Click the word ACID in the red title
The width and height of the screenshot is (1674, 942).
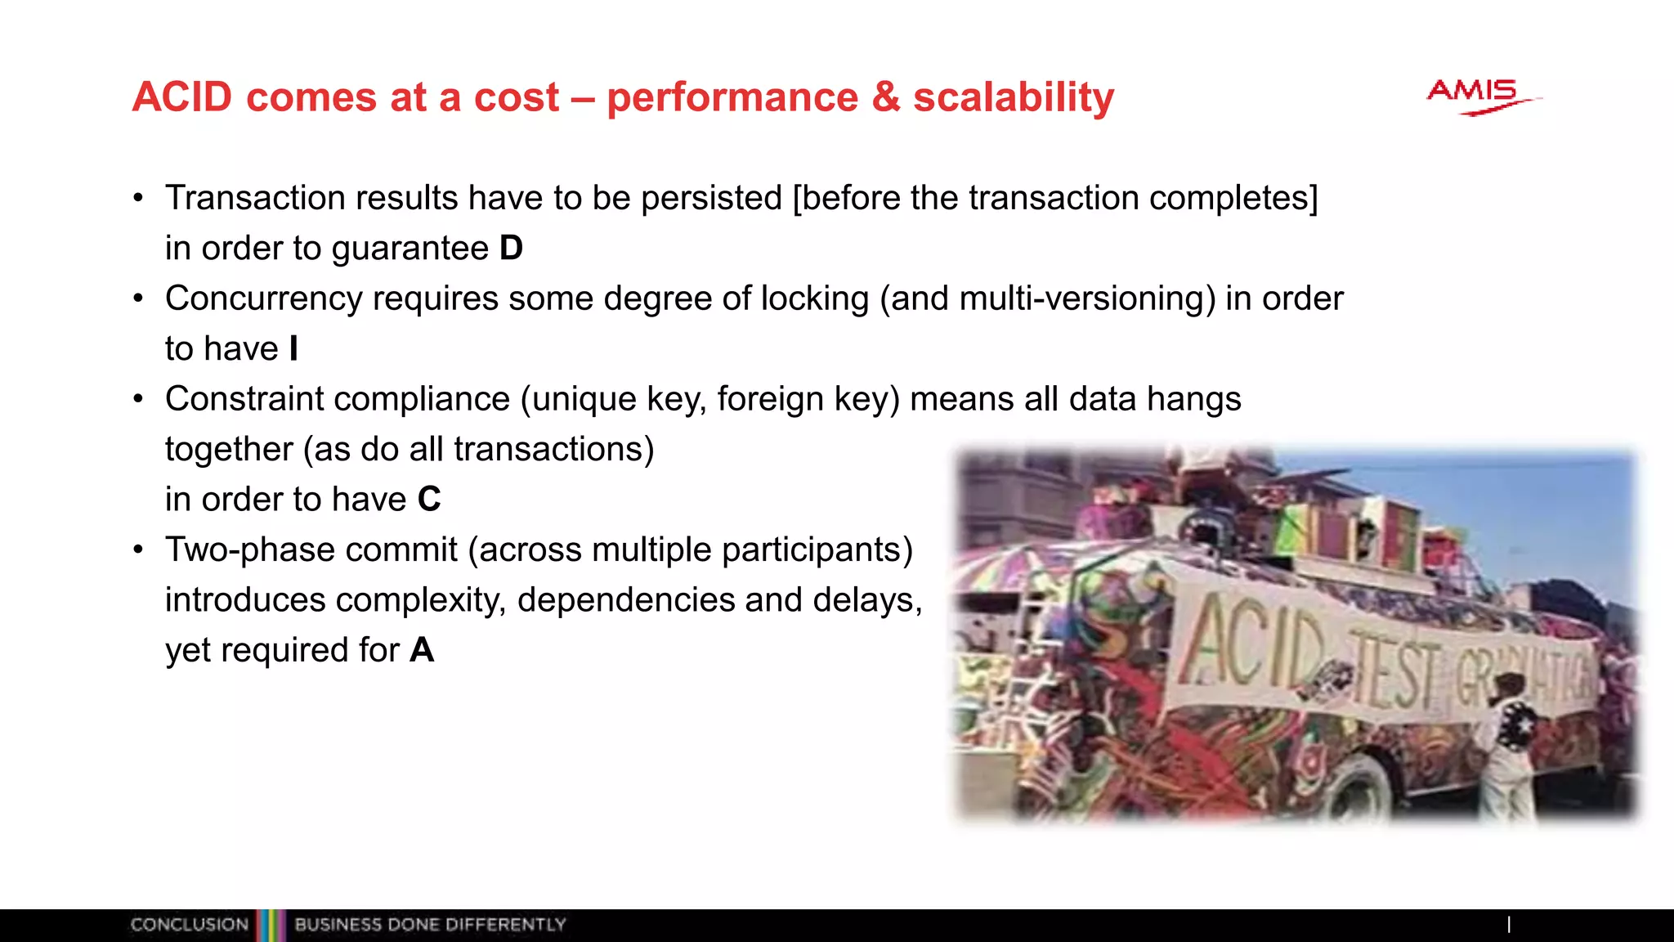click(182, 97)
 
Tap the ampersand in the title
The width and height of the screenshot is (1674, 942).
click(885, 97)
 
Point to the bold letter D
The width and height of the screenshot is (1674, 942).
click(511, 249)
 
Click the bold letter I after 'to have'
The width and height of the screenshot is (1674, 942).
click(294, 349)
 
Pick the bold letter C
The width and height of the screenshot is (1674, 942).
click(429, 500)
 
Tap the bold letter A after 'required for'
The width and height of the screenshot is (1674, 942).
click(422, 651)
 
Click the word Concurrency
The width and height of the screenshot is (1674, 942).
click(263, 299)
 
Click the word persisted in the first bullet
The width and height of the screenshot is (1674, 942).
click(711, 199)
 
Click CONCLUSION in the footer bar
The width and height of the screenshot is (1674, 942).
click(189, 925)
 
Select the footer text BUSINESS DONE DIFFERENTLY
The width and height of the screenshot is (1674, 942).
click(430, 925)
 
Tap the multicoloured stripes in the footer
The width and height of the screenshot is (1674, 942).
click(271, 925)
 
